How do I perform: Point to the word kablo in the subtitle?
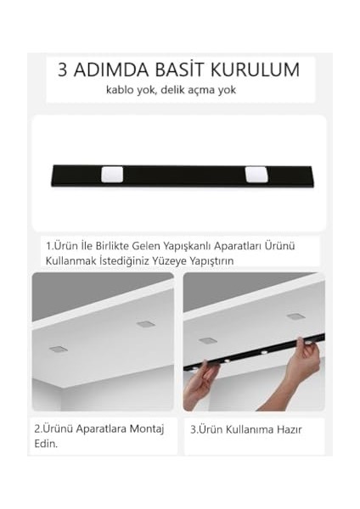121,90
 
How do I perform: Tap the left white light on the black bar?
111,175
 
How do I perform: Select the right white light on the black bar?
255,175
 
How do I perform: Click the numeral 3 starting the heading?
63,70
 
